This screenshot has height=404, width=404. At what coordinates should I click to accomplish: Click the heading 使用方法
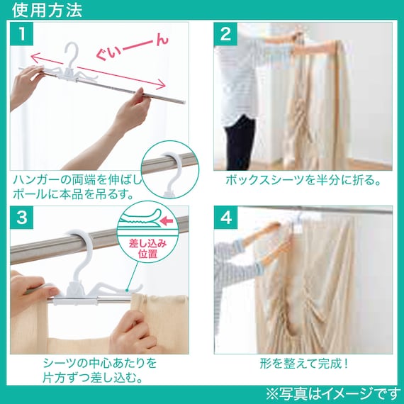click(47, 10)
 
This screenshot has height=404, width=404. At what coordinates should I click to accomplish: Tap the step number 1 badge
click(22, 34)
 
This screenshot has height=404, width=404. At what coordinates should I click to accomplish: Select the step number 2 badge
click(225, 34)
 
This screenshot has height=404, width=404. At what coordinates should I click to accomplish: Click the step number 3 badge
click(22, 217)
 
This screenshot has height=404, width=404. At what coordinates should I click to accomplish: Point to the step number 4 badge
click(225, 218)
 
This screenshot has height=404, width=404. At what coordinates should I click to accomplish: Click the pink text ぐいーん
click(133, 48)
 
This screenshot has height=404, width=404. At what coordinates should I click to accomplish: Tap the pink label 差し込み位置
click(147, 249)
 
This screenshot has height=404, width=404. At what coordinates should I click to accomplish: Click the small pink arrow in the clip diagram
click(166, 221)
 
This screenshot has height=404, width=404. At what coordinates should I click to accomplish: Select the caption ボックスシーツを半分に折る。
click(303, 180)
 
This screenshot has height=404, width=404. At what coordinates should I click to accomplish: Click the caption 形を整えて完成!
click(304, 364)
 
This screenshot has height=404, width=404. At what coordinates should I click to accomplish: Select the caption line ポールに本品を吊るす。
click(73, 194)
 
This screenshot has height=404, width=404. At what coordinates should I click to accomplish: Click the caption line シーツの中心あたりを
click(100, 363)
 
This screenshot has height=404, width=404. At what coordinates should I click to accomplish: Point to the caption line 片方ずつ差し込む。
click(94, 378)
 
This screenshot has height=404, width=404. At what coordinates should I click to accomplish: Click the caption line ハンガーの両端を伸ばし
click(77, 179)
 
